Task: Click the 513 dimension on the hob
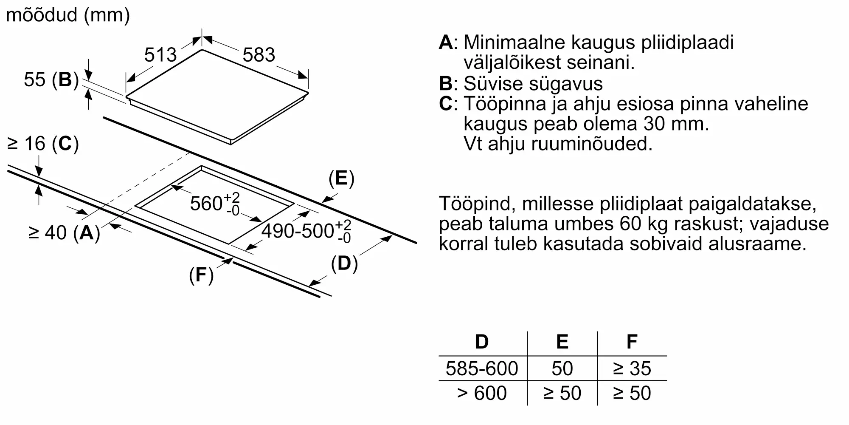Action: click(x=160, y=55)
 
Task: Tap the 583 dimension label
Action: click(x=259, y=55)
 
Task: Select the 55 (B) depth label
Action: click(x=51, y=79)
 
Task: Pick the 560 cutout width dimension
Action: click(x=215, y=204)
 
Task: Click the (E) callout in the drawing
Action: click(x=341, y=178)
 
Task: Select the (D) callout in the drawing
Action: click(x=344, y=263)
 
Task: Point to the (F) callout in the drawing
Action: click(x=201, y=275)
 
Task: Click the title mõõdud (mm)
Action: click(x=68, y=15)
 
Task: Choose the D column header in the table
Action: click(x=482, y=342)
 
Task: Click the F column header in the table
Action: click(x=632, y=342)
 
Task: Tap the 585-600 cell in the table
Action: click(x=482, y=368)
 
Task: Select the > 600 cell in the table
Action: click(x=482, y=393)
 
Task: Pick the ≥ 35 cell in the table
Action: click(x=632, y=368)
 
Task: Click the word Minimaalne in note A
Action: click(x=514, y=42)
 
